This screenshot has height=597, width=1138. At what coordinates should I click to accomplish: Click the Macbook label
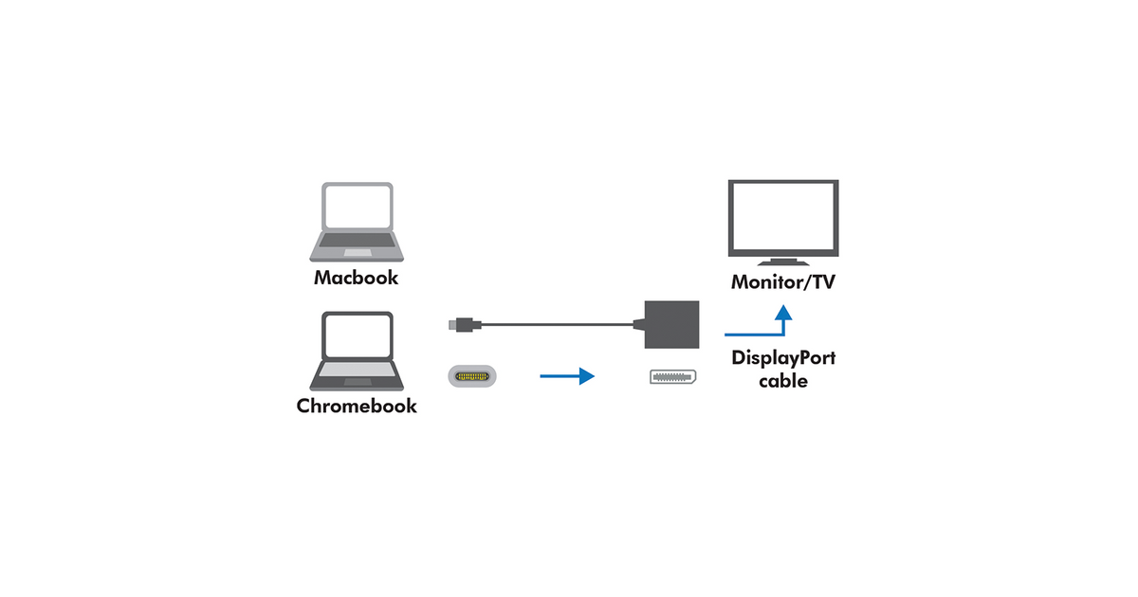[357, 279]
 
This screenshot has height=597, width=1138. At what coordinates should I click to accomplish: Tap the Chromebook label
[357, 407]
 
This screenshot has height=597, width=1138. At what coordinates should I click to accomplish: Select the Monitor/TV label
[782, 282]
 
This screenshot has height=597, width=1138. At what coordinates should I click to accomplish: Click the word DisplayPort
[783, 358]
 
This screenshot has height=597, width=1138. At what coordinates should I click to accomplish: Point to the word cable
[783, 381]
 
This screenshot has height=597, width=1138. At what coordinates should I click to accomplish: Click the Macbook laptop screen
[358, 207]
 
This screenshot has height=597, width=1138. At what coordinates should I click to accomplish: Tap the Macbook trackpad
[358, 253]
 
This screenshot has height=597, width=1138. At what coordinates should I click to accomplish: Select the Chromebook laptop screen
[358, 335]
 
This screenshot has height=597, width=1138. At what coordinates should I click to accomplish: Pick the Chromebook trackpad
[358, 381]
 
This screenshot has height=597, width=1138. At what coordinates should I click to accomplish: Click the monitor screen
[782, 217]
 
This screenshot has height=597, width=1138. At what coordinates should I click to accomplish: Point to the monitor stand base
[782, 262]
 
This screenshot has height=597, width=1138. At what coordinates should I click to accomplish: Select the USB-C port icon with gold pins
[471, 377]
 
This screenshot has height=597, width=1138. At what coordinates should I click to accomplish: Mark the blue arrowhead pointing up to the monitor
[782, 313]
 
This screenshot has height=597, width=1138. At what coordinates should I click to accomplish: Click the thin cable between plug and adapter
[560, 326]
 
